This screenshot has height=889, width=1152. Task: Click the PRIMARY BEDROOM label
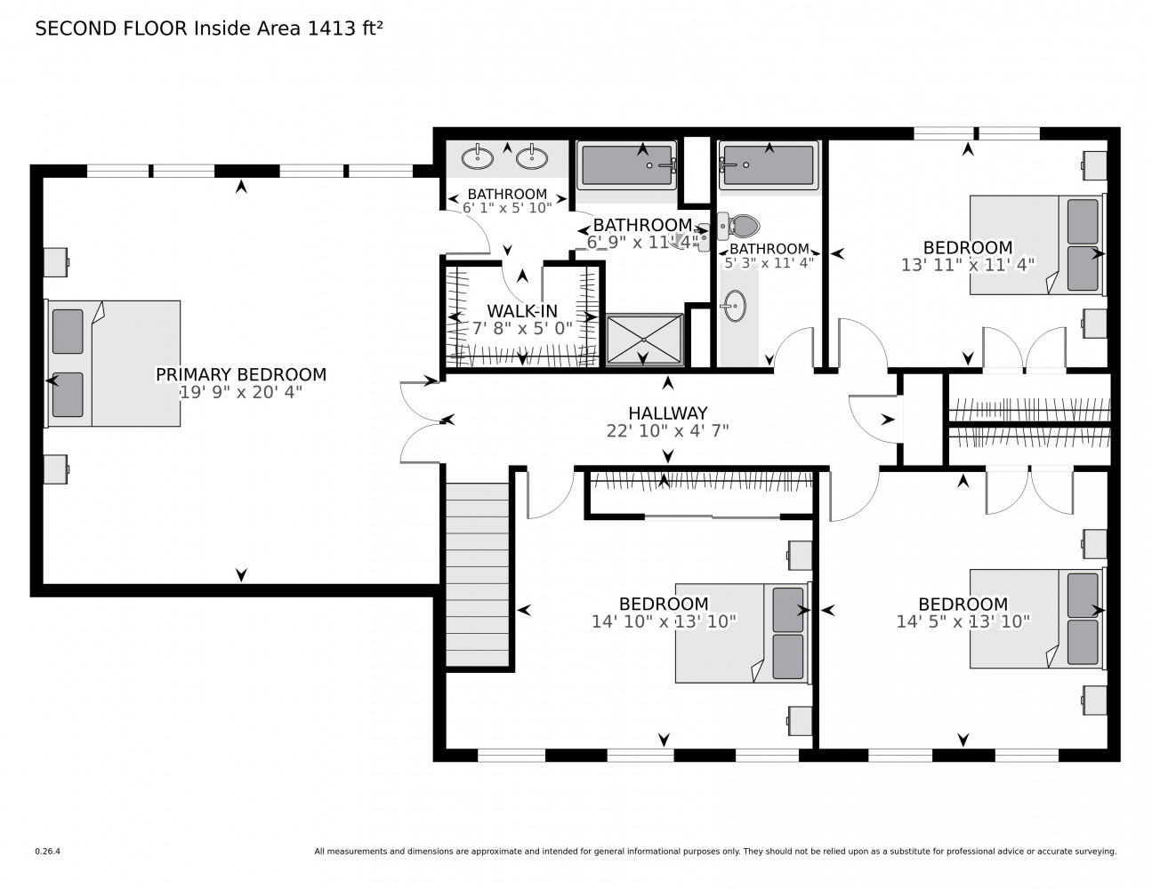(240, 374)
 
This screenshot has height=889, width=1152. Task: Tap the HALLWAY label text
(667, 412)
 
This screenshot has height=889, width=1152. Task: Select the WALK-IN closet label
(522, 310)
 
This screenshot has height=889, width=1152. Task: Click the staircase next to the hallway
(478, 574)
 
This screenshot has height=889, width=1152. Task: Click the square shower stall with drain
(643, 339)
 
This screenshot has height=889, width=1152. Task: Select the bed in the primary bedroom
(113, 363)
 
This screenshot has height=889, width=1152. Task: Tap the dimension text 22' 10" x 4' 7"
(667, 430)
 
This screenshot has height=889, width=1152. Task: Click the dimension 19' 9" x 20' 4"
(240, 392)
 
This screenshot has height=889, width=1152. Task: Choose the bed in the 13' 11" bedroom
(1036, 244)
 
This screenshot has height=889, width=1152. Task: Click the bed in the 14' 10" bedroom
(742, 633)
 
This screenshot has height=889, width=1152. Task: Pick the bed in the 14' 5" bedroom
(1036, 618)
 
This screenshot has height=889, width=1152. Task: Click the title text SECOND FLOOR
(111, 28)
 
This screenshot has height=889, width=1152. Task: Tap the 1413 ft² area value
(346, 28)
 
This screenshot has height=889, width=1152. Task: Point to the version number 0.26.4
(47, 851)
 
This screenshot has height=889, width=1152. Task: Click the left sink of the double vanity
(478, 158)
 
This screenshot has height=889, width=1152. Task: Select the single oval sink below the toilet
(734, 307)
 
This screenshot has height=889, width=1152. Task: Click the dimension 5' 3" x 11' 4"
(769, 263)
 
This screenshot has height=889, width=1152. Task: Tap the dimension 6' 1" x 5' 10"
(507, 207)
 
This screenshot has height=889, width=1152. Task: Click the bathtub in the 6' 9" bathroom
(627, 165)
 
